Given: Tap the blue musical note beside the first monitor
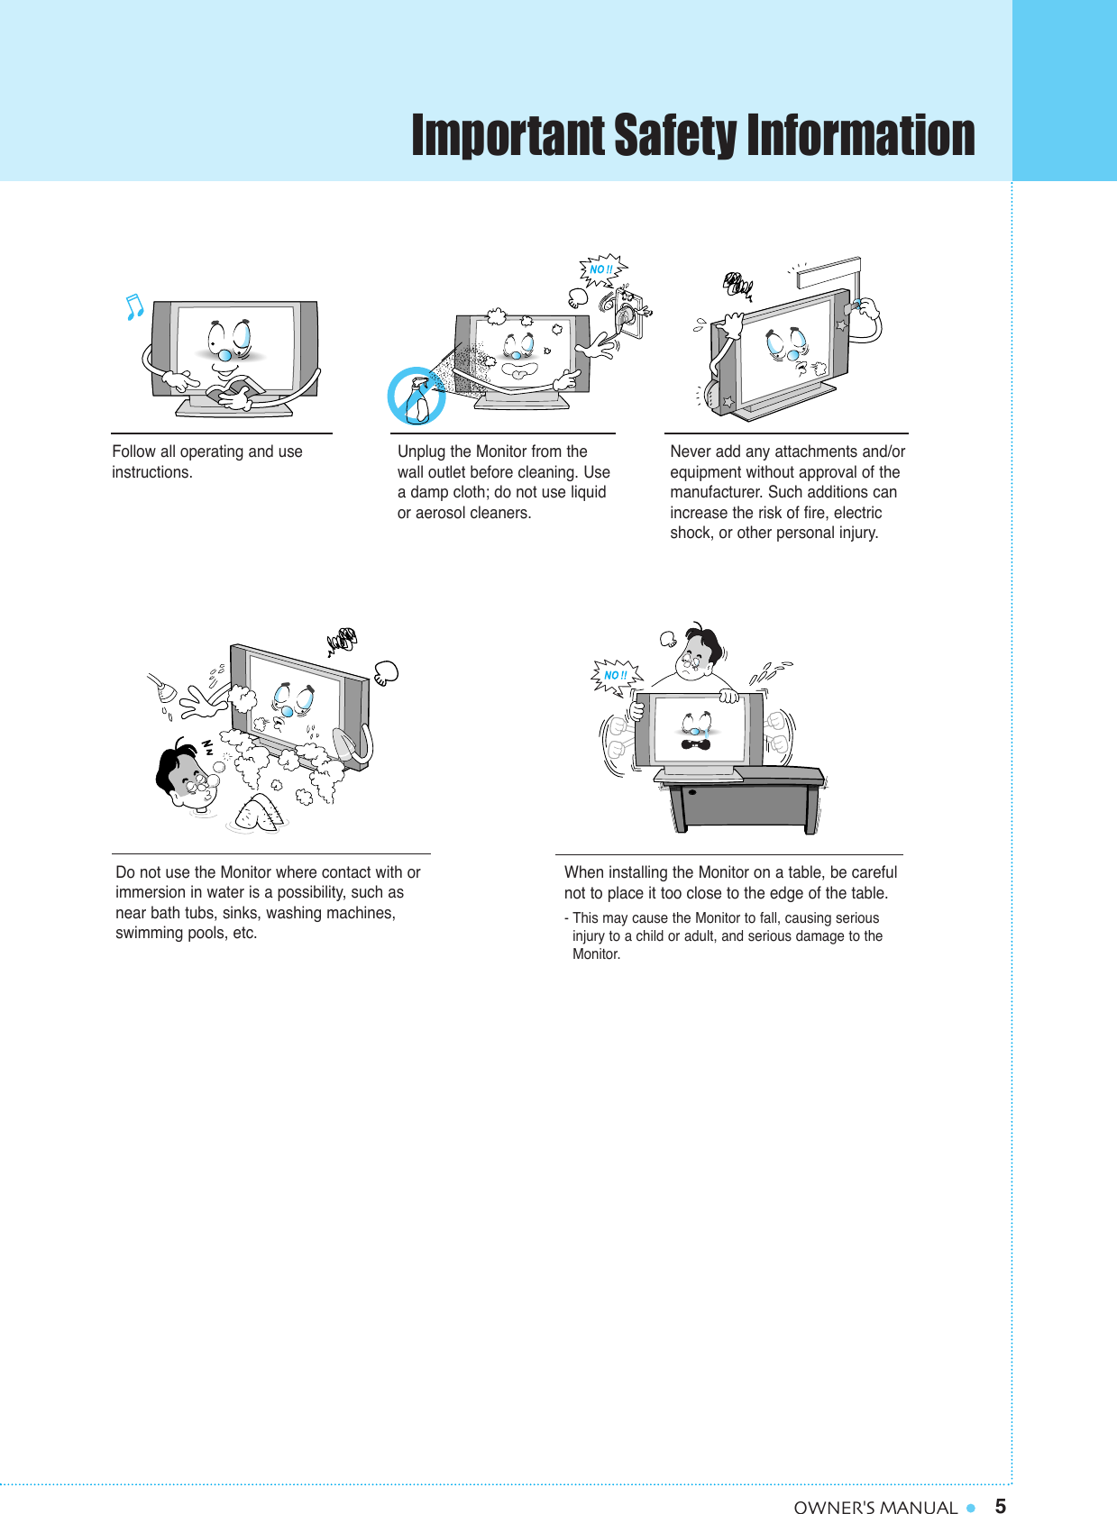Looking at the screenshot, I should (134, 308).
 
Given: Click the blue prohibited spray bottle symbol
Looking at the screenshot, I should (416, 397).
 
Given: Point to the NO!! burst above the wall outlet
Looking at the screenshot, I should (600, 269).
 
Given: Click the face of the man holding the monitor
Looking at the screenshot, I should (695, 659).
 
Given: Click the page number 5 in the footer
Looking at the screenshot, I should (1000, 1505).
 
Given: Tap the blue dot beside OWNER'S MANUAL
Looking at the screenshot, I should (971, 1507).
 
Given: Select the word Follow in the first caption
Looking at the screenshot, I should (133, 451).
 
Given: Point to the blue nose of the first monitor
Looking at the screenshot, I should (224, 356).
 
